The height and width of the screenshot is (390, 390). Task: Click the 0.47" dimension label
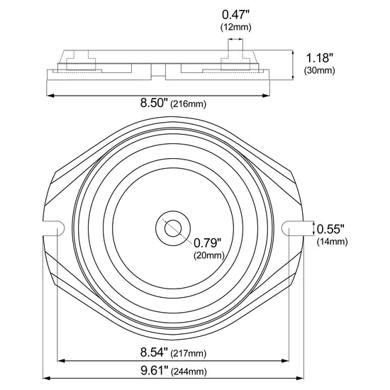click(235, 15)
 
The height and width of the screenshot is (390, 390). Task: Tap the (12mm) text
click(236, 27)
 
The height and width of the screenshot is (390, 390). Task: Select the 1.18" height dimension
click(319, 58)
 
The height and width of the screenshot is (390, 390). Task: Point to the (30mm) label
click(319, 70)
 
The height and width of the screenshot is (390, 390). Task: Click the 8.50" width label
click(154, 103)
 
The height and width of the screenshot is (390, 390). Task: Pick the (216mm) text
click(189, 104)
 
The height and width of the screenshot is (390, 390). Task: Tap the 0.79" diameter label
click(208, 243)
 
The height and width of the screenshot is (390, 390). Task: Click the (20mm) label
click(209, 255)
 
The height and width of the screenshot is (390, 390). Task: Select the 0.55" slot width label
click(330, 229)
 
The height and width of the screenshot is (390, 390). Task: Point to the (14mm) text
click(332, 242)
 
